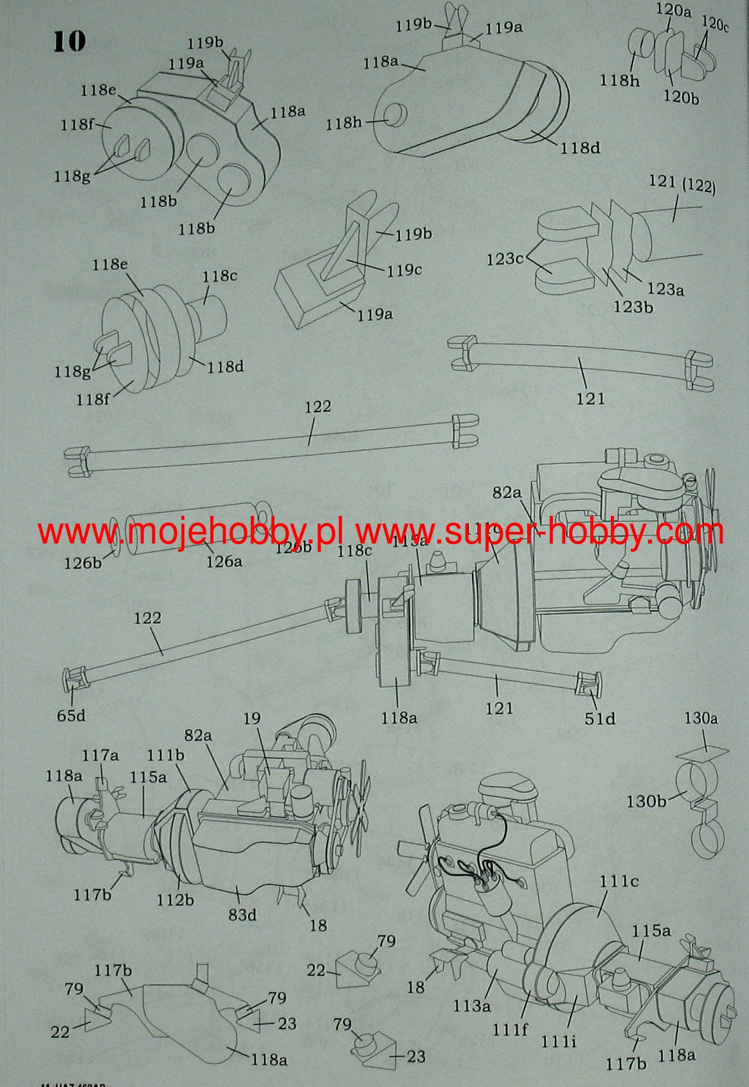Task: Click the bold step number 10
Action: pyautogui.click(x=69, y=41)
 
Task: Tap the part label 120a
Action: pyautogui.click(x=673, y=10)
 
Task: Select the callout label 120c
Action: pyautogui.click(x=715, y=24)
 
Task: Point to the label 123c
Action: pyautogui.click(x=505, y=259)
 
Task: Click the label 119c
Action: pyautogui.click(x=404, y=269)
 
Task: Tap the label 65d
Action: pyautogui.click(x=71, y=715)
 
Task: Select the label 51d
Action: pyautogui.click(x=600, y=718)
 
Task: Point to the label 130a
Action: pyautogui.click(x=701, y=718)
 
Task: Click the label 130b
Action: pyautogui.click(x=646, y=801)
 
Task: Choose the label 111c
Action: pyautogui.click(x=619, y=881)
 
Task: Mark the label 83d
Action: pyautogui.click(x=242, y=914)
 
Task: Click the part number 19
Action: pyautogui.click(x=252, y=718)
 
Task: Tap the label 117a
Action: pyautogui.click(x=100, y=754)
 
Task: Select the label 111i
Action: pyautogui.click(x=558, y=1040)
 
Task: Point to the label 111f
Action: pyautogui.click(x=510, y=1029)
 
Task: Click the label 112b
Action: pyautogui.click(x=176, y=899)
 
